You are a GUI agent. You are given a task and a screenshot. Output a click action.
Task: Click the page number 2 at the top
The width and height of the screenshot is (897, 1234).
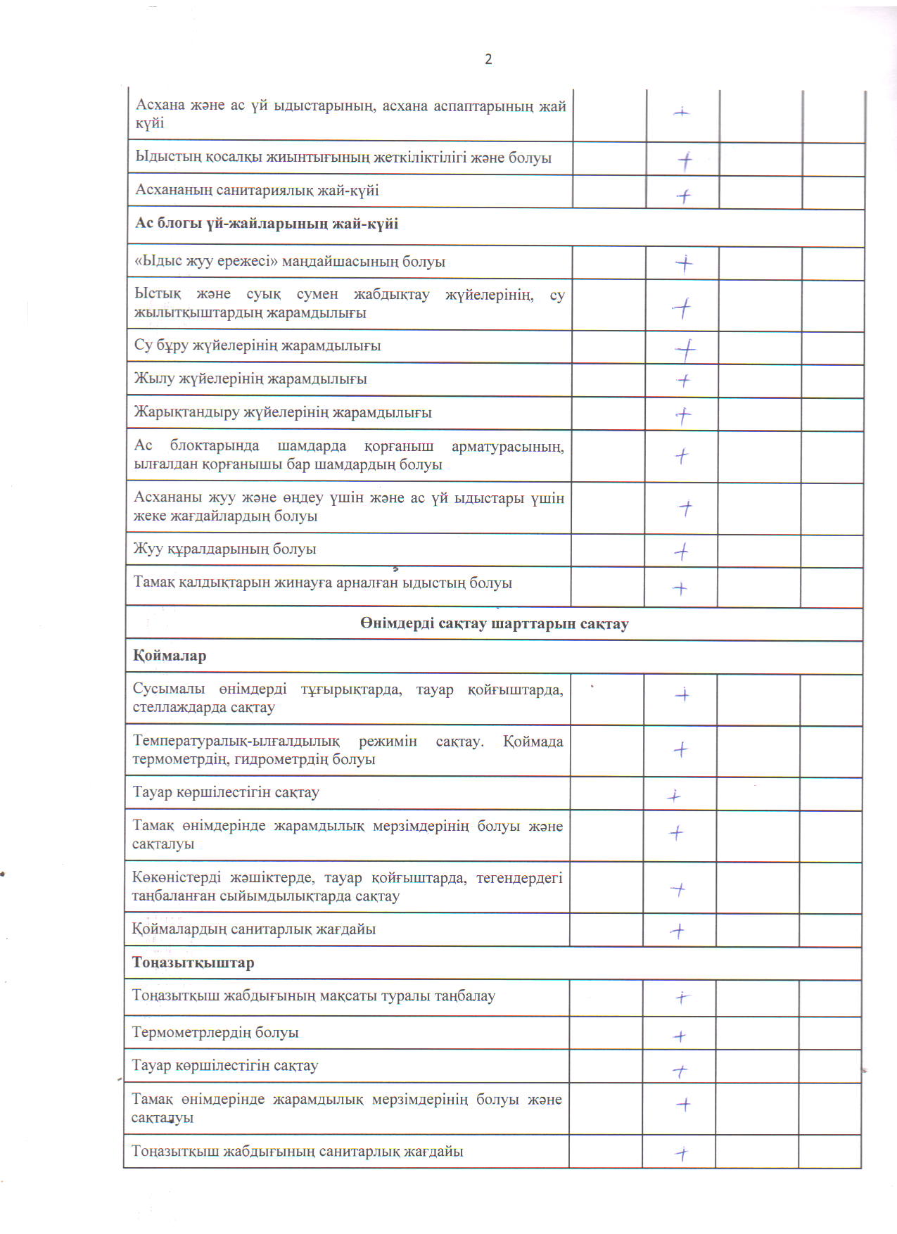(x=488, y=60)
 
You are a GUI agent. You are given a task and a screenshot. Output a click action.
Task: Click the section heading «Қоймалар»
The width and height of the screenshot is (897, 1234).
(x=170, y=656)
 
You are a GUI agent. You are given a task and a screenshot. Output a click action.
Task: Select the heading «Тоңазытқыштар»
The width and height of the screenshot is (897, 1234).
(x=193, y=963)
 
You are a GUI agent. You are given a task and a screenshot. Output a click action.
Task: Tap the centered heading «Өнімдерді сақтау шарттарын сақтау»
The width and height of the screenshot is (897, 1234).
(x=494, y=624)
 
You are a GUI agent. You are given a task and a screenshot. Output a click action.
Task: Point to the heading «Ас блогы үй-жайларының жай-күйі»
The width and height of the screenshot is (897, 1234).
(x=267, y=224)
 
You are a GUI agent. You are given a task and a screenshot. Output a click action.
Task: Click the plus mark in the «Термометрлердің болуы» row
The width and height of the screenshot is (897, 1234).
(x=680, y=1036)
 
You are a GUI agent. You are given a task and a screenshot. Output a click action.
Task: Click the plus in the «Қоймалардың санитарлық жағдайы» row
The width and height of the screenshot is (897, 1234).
(x=677, y=931)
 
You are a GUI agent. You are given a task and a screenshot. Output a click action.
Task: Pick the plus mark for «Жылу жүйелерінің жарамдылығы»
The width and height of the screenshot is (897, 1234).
(x=683, y=381)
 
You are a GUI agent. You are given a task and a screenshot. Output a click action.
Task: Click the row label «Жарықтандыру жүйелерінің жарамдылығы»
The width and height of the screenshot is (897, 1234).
(x=283, y=413)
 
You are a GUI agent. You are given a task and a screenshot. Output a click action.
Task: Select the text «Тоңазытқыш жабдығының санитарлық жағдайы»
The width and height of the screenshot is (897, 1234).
(x=297, y=1152)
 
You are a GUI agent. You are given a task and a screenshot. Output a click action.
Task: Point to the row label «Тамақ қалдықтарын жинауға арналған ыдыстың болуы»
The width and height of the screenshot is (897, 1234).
(x=322, y=583)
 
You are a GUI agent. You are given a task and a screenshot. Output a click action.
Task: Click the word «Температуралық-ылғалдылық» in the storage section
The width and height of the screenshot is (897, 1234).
(x=236, y=742)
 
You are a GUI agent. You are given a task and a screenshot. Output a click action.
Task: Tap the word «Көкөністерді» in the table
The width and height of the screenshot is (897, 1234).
(x=176, y=878)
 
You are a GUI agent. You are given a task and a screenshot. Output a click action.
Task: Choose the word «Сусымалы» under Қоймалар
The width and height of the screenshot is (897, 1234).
(x=169, y=689)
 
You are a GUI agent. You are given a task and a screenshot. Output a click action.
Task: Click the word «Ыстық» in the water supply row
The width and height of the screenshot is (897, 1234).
(x=158, y=295)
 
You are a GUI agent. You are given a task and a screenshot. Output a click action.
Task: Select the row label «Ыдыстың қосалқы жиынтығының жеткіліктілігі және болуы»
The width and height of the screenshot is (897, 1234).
(x=343, y=158)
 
